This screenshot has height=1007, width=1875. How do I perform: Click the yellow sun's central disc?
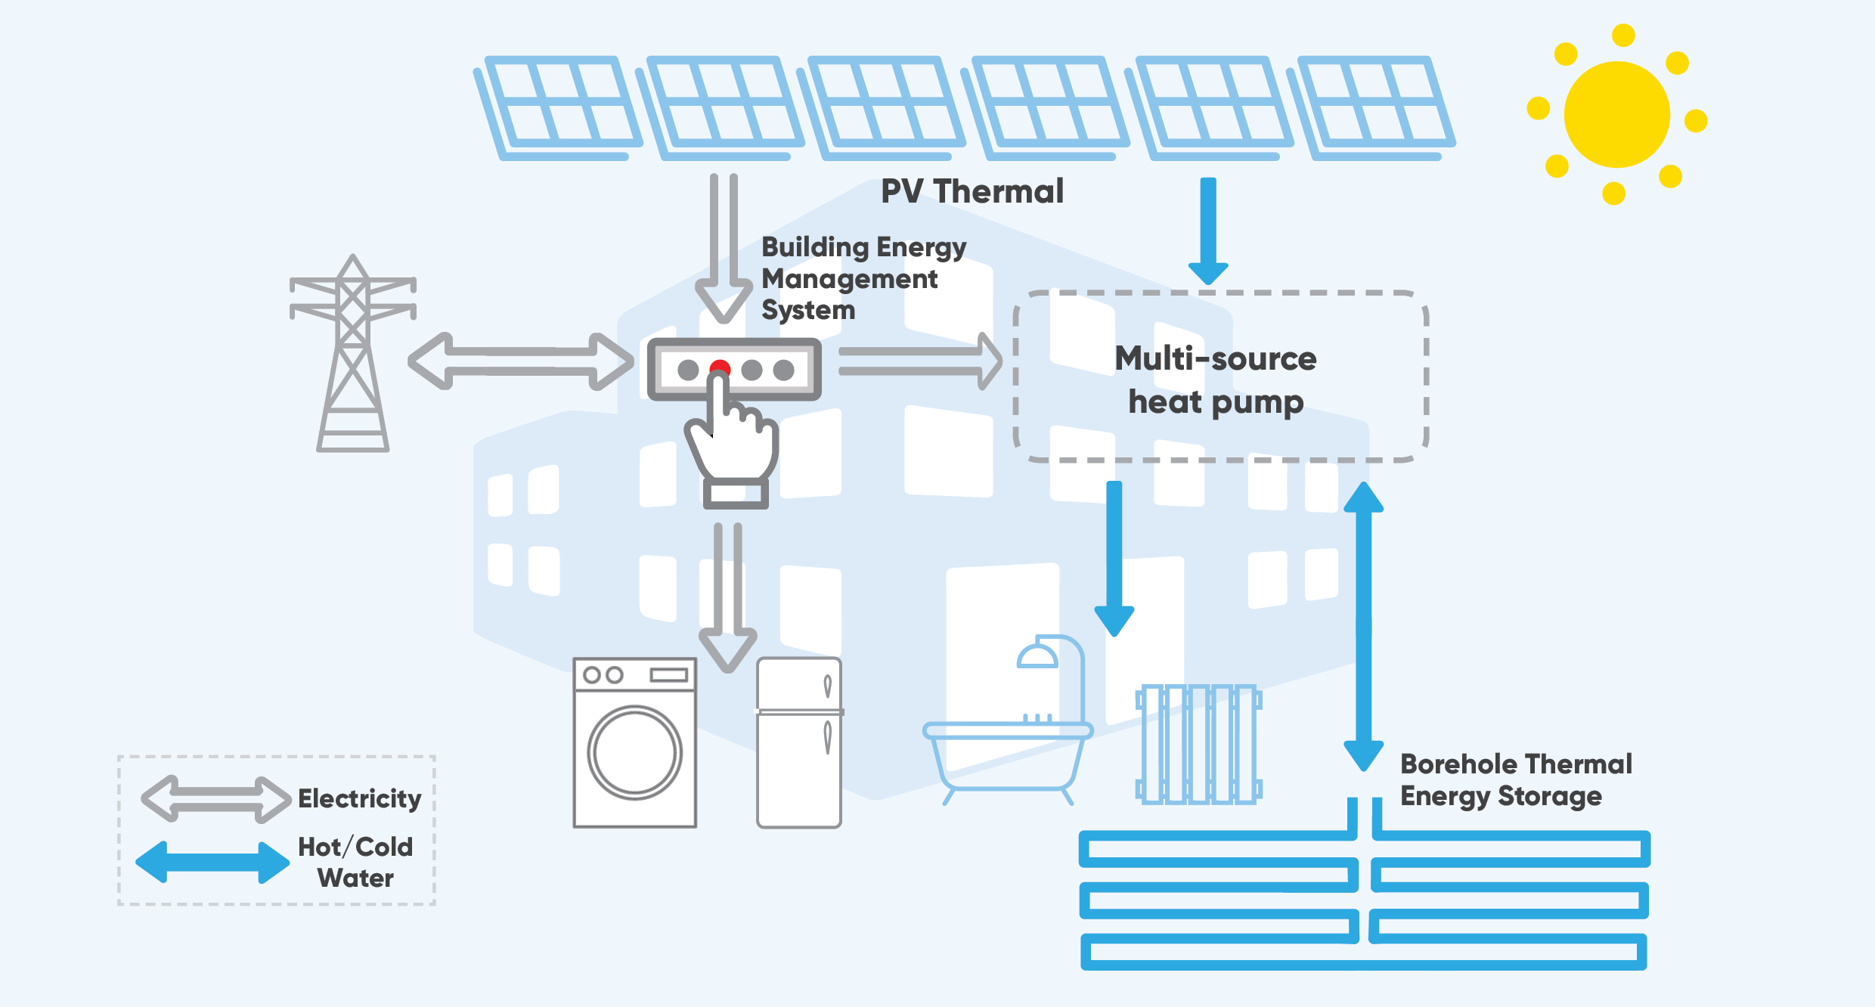pyautogui.click(x=1616, y=115)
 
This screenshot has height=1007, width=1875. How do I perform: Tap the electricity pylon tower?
pyautogui.click(x=352, y=355)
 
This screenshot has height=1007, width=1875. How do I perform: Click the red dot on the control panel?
pyautogui.click(x=720, y=367)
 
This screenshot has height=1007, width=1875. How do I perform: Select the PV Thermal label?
pyautogui.click(x=972, y=191)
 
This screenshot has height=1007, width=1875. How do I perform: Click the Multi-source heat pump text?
pyautogui.click(x=1216, y=380)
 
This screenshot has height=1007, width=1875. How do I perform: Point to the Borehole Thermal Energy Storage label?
pyautogui.click(x=1515, y=779)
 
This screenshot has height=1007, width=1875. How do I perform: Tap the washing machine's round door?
pyautogui.click(x=635, y=752)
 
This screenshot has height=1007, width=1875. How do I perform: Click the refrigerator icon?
pyautogui.click(x=799, y=742)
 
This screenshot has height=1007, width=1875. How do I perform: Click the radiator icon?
pyautogui.click(x=1199, y=744)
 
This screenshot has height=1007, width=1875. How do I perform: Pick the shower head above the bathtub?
pyautogui.click(x=1037, y=655)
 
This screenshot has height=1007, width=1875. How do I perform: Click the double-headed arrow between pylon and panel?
pyautogui.click(x=521, y=361)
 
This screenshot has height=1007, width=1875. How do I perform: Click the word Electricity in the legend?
pyautogui.click(x=360, y=798)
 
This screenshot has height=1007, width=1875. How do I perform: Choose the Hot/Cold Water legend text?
pyautogui.click(x=355, y=862)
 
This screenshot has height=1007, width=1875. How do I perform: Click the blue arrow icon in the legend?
pyautogui.click(x=212, y=862)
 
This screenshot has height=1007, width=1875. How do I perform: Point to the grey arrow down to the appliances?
pyautogui.click(x=728, y=597)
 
